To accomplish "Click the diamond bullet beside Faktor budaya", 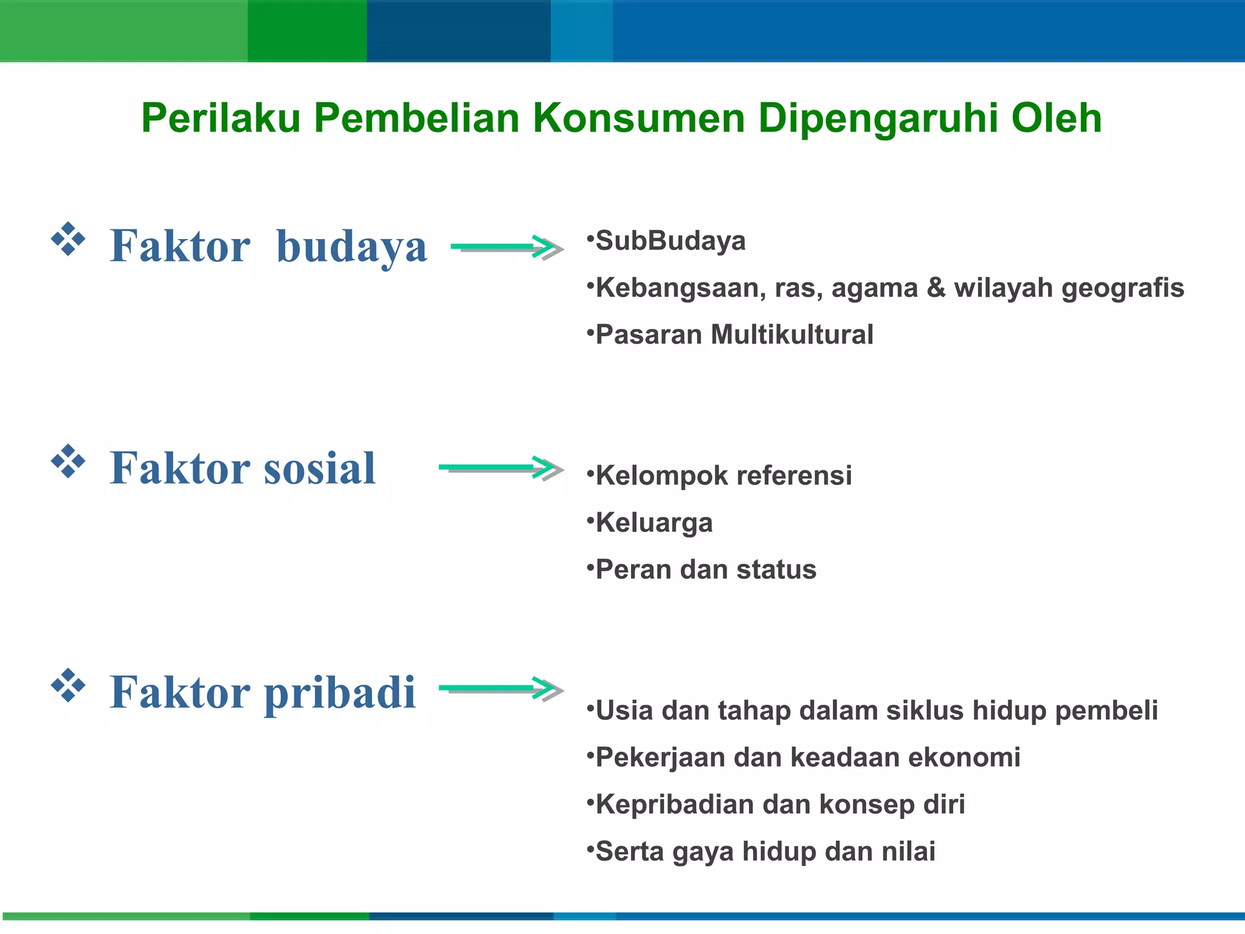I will click(x=68, y=239).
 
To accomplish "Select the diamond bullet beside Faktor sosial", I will click(x=68, y=461).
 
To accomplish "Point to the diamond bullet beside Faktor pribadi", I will click(x=68, y=685).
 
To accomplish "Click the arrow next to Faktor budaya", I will click(x=507, y=247).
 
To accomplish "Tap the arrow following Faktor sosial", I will click(x=501, y=468).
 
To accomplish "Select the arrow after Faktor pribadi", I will click(x=501, y=689).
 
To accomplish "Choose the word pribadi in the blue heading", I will click(x=340, y=693).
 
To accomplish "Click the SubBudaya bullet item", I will click(x=670, y=241).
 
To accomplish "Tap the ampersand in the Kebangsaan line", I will click(x=936, y=288).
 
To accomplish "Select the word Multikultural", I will click(x=791, y=334).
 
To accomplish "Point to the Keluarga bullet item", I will click(x=654, y=523).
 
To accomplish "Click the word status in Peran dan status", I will click(x=776, y=570).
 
